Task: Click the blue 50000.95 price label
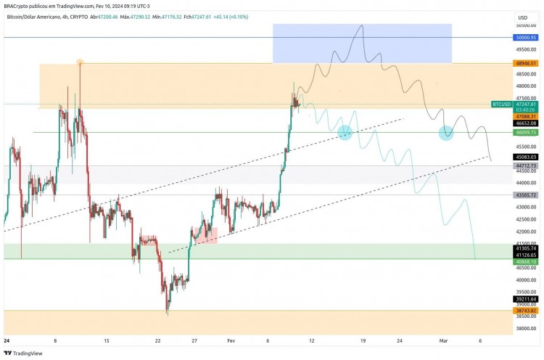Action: coord(526,37)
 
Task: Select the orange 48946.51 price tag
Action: coord(526,64)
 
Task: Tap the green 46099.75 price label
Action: coord(526,133)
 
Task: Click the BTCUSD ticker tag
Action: coord(502,105)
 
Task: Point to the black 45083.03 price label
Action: coord(526,157)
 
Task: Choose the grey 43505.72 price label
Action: coord(526,195)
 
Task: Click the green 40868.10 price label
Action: coord(526,261)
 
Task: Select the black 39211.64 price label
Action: coord(526,299)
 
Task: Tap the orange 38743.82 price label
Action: coord(526,311)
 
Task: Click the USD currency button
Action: coord(522,17)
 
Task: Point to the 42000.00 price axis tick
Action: coord(526,232)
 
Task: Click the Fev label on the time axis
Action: coord(231,340)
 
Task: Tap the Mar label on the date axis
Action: coord(444,340)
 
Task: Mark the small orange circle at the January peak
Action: coord(80,63)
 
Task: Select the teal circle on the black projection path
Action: coord(446,133)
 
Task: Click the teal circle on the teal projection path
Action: coord(345,132)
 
